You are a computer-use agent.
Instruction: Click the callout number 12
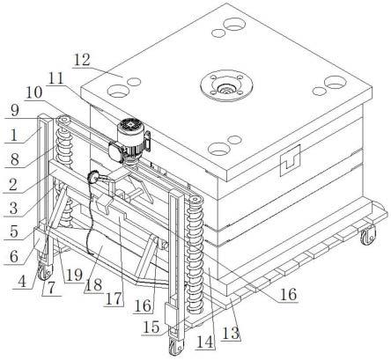click(x=82, y=60)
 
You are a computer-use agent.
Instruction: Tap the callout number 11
click(x=56, y=78)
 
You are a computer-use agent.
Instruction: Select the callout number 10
click(x=34, y=93)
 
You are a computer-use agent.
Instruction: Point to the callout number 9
click(x=15, y=110)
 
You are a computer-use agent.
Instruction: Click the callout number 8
click(x=14, y=159)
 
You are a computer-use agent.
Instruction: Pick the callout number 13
click(x=232, y=333)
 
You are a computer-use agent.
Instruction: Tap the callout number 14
click(x=205, y=342)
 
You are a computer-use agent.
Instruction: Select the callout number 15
click(x=151, y=327)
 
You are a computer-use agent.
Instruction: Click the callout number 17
click(x=114, y=298)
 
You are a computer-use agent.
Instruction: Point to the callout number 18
click(x=93, y=284)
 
